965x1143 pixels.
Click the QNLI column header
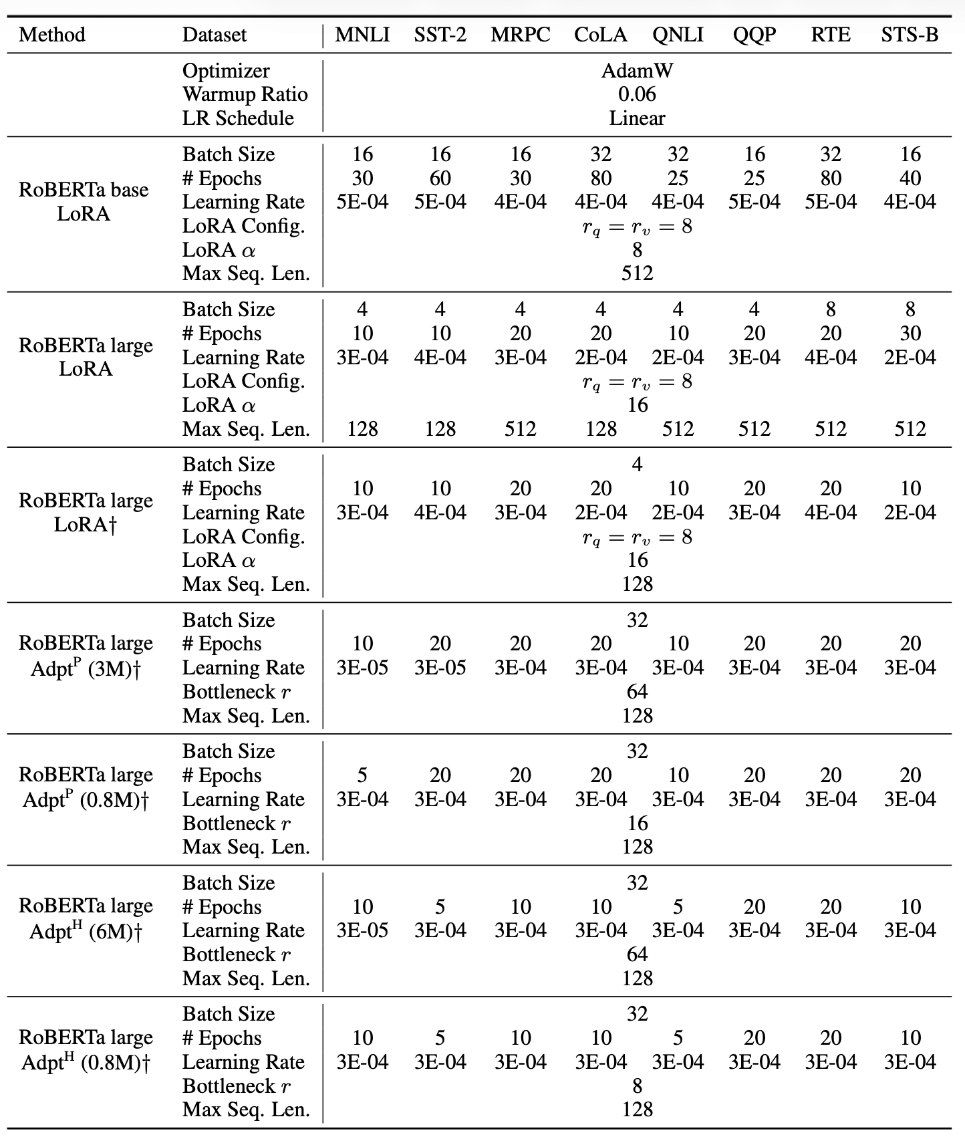point(678,35)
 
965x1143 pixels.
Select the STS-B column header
point(910,35)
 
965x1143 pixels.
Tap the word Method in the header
point(52,35)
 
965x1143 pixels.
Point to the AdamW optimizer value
point(637,71)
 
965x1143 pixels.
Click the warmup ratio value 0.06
point(637,94)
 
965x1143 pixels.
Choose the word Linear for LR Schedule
point(637,118)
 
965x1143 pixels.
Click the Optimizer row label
point(226,71)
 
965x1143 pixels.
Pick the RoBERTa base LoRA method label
point(84,202)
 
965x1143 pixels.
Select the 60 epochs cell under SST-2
point(440,178)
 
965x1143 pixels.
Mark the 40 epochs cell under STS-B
point(910,178)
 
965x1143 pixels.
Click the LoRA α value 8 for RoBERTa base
point(637,249)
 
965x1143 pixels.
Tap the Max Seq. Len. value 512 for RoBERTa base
point(637,273)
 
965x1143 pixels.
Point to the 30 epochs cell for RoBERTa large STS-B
point(910,334)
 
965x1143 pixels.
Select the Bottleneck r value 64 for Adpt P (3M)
point(637,691)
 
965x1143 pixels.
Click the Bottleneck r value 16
point(638,823)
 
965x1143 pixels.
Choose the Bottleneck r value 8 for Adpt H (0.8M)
point(637,1086)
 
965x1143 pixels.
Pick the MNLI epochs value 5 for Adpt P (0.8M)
point(362,775)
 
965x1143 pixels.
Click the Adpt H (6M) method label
point(86,918)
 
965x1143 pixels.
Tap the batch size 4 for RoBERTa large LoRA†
point(637,465)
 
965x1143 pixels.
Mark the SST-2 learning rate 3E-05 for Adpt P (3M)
point(440,668)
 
